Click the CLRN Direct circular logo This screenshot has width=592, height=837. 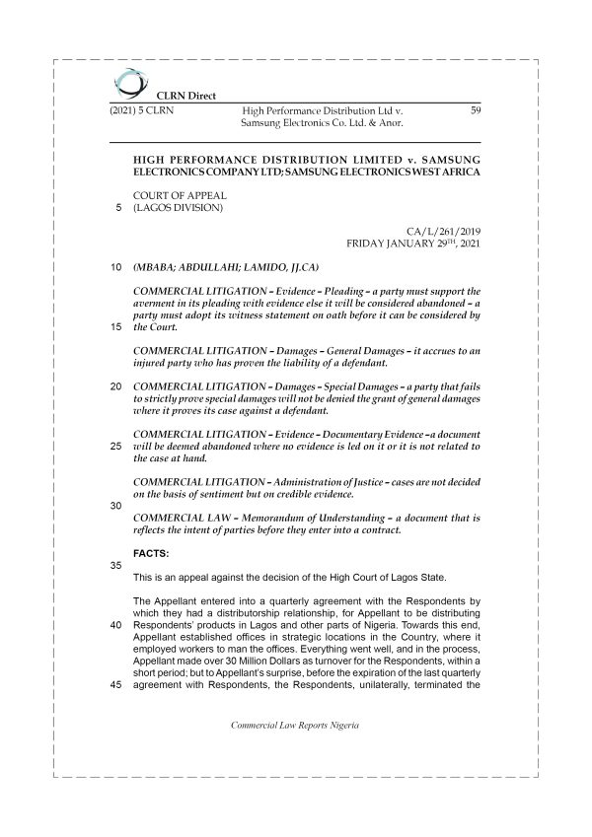[126, 82]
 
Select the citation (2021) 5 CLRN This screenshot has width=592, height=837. [141, 110]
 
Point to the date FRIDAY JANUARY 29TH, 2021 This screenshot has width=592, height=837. [414, 242]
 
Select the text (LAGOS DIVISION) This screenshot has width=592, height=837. [179, 208]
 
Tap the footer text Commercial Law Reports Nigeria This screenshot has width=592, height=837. [294, 725]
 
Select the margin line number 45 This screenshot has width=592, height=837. [115, 687]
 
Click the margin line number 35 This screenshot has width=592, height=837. [115, 567]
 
